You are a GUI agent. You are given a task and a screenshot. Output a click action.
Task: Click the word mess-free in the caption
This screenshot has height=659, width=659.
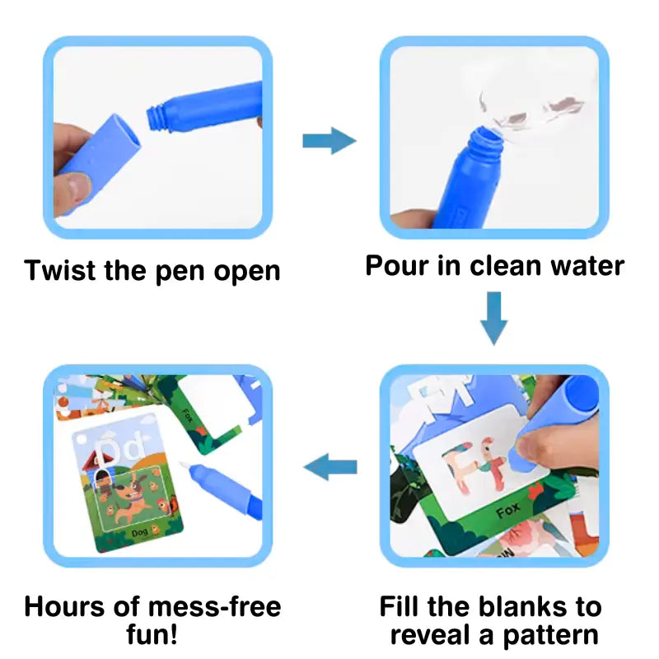pyautogui.click(x=217, y=607)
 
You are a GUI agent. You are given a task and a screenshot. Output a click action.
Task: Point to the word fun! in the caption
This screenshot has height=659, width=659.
pyautogui.click(x=153, y=635)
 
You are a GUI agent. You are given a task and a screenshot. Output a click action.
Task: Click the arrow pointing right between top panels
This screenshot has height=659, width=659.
pyautogui.click(x=329, y=141)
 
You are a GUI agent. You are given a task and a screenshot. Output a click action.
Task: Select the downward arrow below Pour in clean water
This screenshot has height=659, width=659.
pyautogui.click(x=493, y=318)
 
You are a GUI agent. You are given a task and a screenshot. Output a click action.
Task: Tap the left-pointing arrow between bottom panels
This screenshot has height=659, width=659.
pyautogui.click(x=330, y=468)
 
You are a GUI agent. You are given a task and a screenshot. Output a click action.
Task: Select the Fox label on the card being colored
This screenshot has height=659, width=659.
pyautogui.click(x=508, y=513)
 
